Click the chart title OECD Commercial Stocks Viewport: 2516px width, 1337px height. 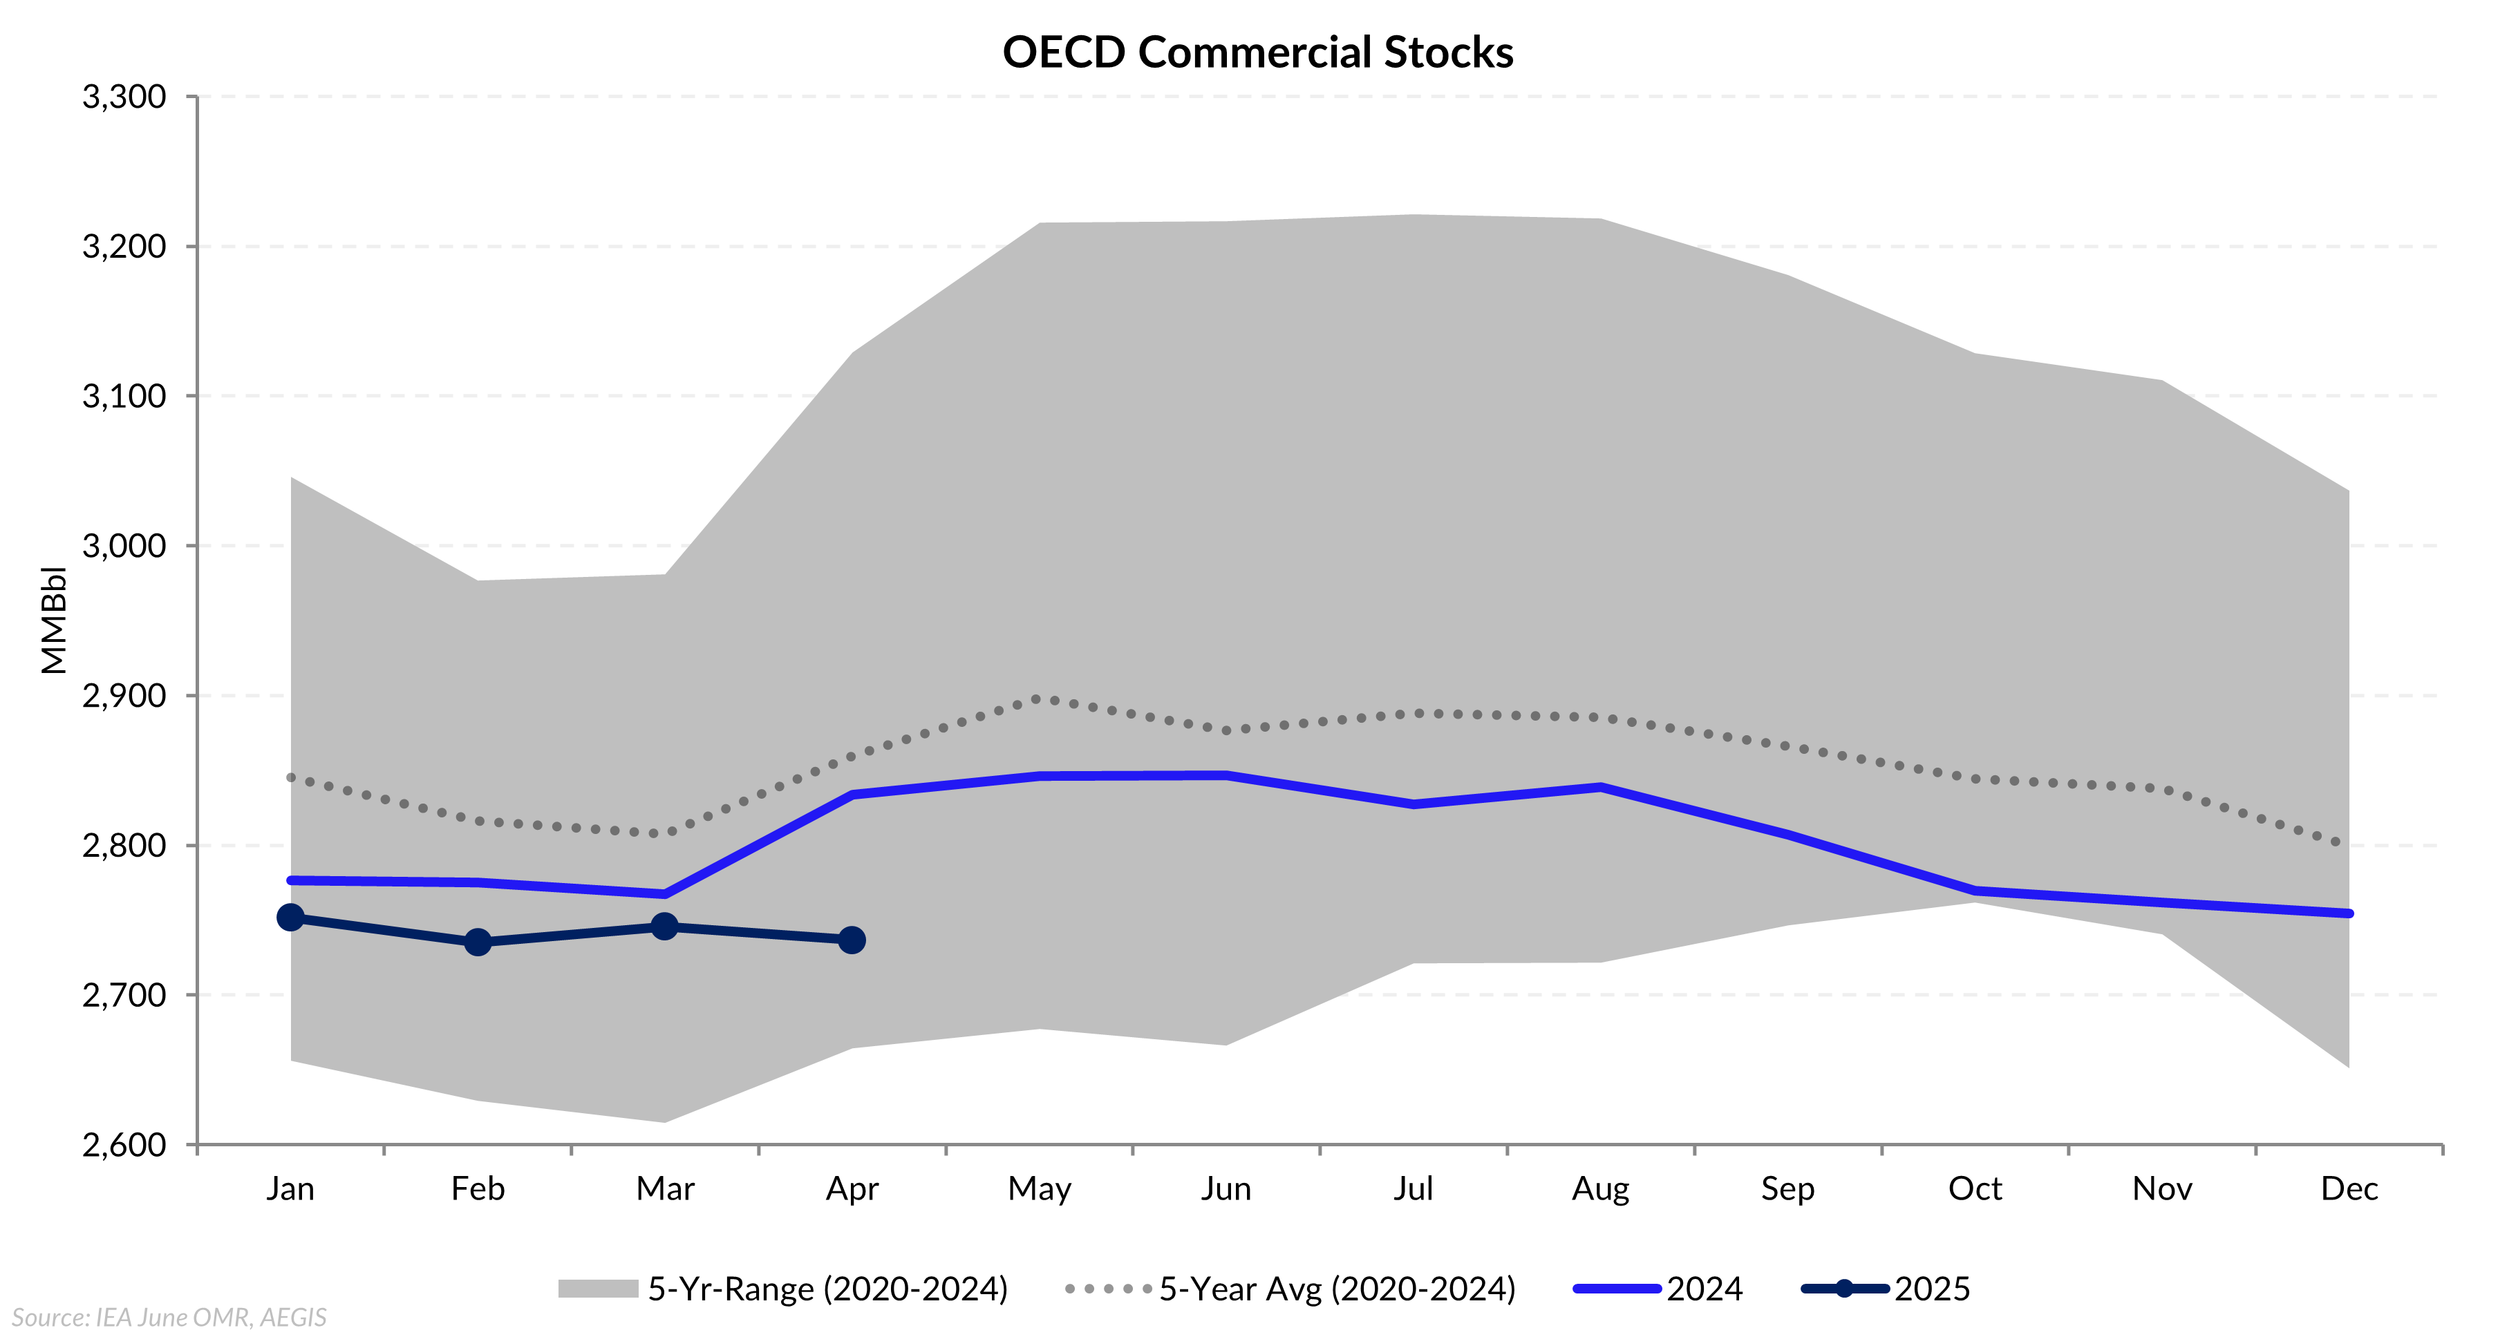click(x=1257, y=52)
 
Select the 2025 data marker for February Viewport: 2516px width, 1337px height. click(x=478, y=942)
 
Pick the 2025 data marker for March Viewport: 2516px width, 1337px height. click(x=664, y=926)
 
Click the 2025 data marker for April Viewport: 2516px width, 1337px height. click(x=852, y=940)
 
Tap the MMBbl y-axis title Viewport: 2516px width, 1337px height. click(x=54, y=620)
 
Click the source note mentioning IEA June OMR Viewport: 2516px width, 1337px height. click(x=169, y=1318)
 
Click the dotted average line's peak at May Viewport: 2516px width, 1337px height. click(x=1038, y=699)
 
